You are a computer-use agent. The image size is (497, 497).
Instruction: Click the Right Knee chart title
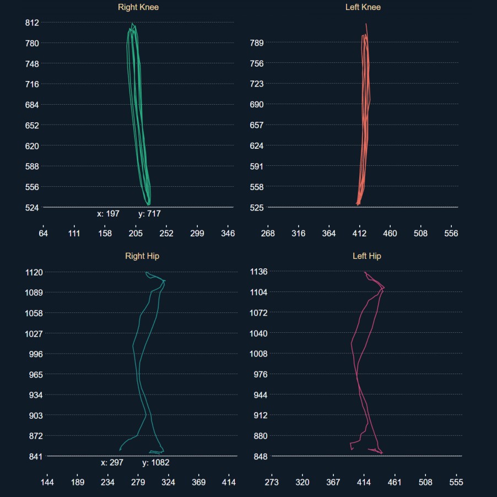pyautogui.click(x=138, y=7)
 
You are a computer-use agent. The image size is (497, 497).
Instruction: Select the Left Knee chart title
pyautogui.click(x=363, y=7)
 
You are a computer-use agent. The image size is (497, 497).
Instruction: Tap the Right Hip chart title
pyautogui.click(x=142, y=256)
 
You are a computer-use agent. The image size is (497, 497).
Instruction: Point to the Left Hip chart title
pyautogui.click(x=366, y=256)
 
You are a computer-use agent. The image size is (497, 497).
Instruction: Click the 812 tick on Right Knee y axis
pyautogui.click(x=32, y=23)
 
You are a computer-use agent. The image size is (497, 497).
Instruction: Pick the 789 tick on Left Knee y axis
pyautogui.click(x=257, y=43)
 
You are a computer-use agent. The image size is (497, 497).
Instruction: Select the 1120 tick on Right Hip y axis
pyautogui.click(x=34, y=272)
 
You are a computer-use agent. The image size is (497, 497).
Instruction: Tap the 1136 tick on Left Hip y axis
pyautogui.click(x=258, y=272)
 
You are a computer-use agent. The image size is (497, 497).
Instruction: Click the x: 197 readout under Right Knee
pyautogui.click(x=108, y=214)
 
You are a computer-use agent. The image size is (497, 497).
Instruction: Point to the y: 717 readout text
pyautogui.click(x=149, y=214)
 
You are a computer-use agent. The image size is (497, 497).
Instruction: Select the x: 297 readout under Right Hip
pyautogui.click(x=112, y=463)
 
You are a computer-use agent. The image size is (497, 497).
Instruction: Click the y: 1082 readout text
pyautogui.click(x=155, y=463)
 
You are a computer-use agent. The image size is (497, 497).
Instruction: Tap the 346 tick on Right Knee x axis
pyautogui.click(x=228, y=234)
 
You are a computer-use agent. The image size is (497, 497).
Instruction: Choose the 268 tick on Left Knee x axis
pyautogui.click(x=268, y=234)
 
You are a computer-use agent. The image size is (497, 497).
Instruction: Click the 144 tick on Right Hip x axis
pyautogui.click(x=46, y=483)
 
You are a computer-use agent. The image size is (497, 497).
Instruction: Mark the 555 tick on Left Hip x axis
pyautogui.click(x=456, y=483)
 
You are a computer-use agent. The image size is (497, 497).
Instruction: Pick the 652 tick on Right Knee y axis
pyautogui.click(x=32, y=126)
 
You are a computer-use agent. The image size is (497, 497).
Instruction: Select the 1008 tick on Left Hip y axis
pyautogui.click(x=258, y=354)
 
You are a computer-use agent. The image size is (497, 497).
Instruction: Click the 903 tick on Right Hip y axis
pyautogui.click(x=36, y=415)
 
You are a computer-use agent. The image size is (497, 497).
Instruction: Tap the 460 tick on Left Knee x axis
pyautogui.click(x=390, y=234)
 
